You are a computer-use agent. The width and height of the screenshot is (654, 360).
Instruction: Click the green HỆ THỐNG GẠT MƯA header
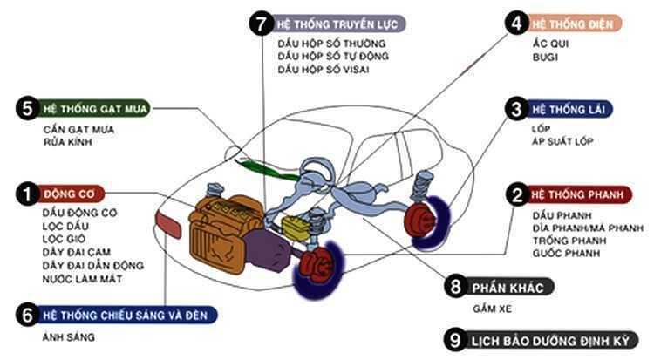coord(94,109)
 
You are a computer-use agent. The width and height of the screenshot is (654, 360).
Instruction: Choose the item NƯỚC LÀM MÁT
coord(83,279)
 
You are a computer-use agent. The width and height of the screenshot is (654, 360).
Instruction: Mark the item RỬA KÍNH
coord(66,141)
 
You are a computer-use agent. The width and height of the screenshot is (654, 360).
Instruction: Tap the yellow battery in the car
coord(296,226)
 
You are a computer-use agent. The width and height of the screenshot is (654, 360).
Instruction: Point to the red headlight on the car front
coord(167,224)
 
